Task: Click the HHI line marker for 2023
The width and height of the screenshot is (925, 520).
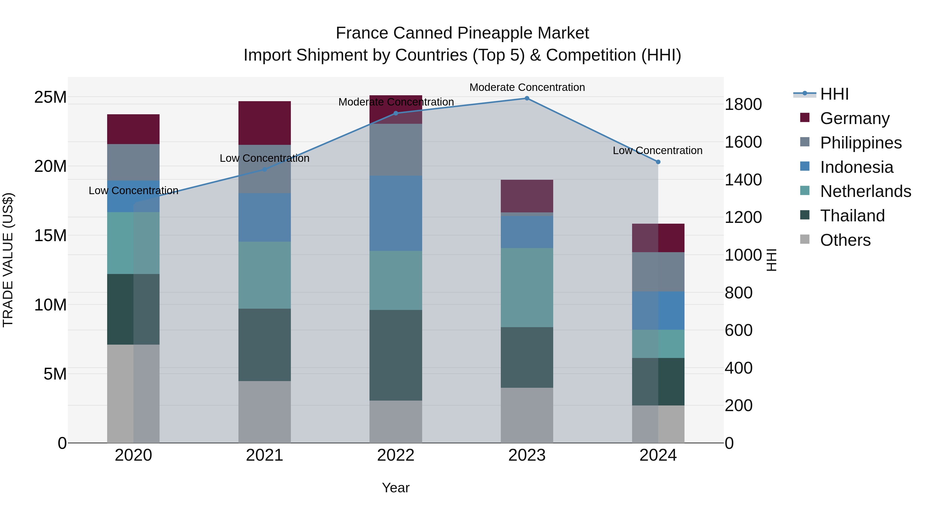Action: [x=527, y=98]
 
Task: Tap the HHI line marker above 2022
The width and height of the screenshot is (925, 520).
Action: [x=396, y=114]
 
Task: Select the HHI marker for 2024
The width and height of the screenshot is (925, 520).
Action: [x=658, y=162]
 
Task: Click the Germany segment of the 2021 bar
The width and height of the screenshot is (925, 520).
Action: [x=264, y=123]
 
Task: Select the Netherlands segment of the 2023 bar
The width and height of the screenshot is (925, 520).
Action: [x=527, y=287]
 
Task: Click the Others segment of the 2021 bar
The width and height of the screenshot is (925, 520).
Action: [x=264, y=412]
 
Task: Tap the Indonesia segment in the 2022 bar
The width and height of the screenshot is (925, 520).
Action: [x=396, y=213]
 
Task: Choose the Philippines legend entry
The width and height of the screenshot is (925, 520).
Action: [x=860, y=143]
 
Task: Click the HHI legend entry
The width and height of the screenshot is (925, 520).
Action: [x=834, y=94]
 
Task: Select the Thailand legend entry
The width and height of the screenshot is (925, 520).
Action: [x=852, y=216]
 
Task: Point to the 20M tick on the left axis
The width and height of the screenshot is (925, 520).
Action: [x=50, y=166]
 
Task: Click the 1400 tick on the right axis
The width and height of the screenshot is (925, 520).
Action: [x=743, y=180]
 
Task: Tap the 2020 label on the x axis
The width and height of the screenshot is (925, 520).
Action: [x=133, y=455]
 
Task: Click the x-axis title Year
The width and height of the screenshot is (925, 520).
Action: [x=396, y=488]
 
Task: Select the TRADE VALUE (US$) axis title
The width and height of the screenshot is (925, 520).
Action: [x=8, y=260]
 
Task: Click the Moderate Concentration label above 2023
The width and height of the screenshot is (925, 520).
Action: [x=527, y=87]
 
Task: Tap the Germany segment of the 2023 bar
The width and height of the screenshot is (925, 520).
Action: [x=527, y=196]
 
